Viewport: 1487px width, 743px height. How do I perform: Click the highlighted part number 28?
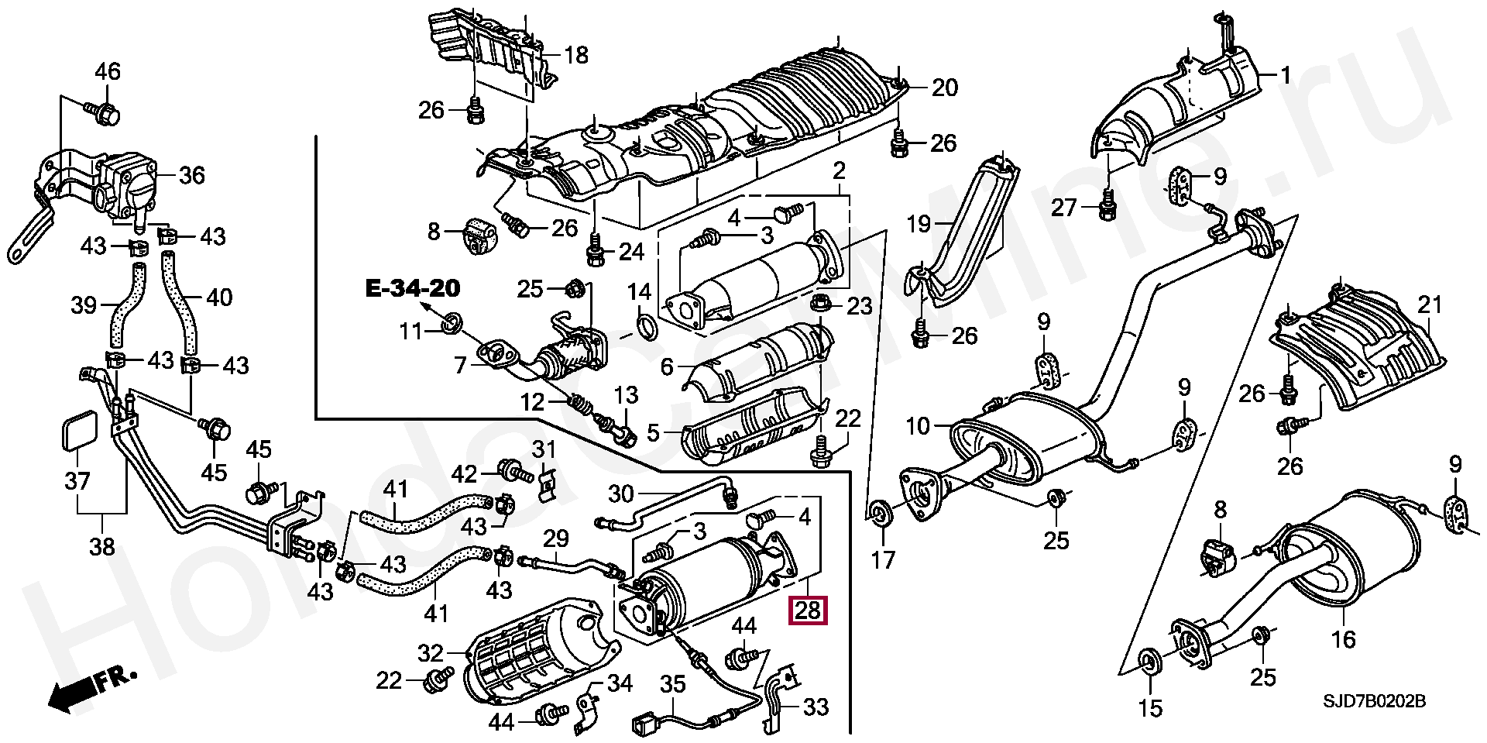(x=808, y=611)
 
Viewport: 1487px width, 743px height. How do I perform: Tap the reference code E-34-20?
(x=413, y=290)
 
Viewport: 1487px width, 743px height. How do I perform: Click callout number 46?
(x=108, y=72)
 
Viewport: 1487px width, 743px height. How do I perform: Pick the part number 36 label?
(x=192, y=175)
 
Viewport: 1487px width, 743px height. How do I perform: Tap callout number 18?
(x=576, y=55)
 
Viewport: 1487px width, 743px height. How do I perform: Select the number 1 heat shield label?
(x=1286, y=76)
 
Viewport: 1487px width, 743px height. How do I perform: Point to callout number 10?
(x=918, y=426)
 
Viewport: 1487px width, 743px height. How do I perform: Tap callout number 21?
(x=1430, y=304)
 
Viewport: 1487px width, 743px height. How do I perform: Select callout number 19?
(x=919, y=225)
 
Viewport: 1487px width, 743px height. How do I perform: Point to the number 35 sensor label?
(x=673, y=683)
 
